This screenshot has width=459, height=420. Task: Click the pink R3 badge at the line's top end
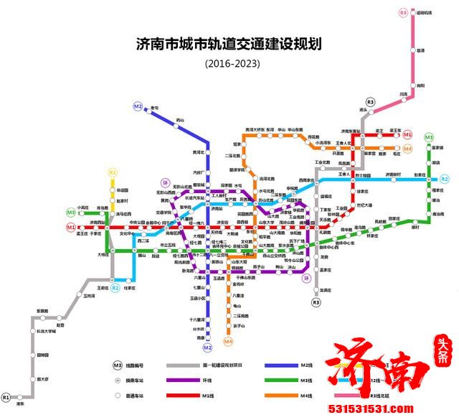(403, 12)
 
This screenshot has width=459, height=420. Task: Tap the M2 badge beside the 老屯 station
(138, 106)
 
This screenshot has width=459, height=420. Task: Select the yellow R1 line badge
(112, 172)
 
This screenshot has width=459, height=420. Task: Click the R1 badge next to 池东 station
(6, 397)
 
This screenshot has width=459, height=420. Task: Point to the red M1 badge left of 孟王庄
(71, 228)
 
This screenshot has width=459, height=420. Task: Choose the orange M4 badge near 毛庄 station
(407, 149)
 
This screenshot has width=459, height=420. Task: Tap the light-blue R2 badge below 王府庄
(115, 288)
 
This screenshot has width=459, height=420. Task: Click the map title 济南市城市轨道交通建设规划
(229, 44)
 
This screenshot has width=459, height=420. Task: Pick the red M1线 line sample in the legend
(205, 394)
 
